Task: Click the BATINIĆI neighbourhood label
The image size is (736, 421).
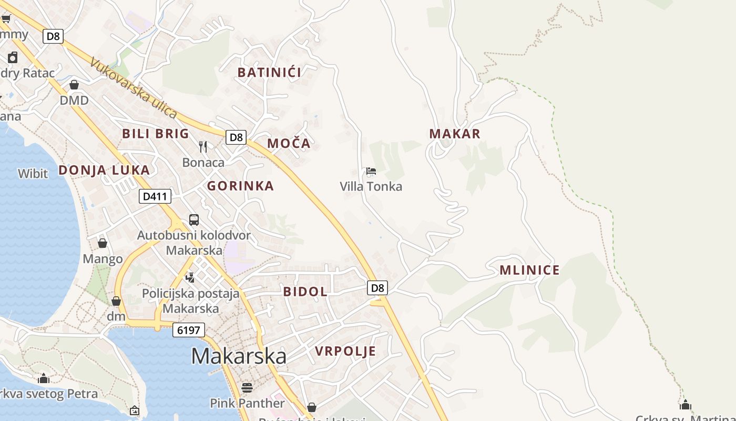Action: coord(269,73)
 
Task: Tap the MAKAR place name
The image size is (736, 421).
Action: coord(455,134)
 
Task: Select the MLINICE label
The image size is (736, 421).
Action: coord(529,270)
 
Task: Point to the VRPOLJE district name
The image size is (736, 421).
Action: coord(345,351)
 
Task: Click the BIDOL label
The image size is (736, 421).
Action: coord(305,292)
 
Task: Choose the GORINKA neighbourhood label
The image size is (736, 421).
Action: coord(240,186)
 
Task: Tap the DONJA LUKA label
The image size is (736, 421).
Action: coord(104,170)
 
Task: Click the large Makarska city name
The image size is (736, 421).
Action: coord(239,356)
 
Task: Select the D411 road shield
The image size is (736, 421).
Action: coord(155,197)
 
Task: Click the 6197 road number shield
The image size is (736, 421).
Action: coord(188,330)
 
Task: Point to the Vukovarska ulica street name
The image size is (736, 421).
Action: coord(134,87)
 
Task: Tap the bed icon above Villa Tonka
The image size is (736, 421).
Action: coord(371,171)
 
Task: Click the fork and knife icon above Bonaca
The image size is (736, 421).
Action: coord(203,146)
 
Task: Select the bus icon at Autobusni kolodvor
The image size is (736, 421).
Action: coord(194,220)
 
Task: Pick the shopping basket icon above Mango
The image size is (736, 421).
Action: coord(103,243)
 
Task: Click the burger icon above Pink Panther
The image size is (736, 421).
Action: coord(247,388)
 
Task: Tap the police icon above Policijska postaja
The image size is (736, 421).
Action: coord(190,277)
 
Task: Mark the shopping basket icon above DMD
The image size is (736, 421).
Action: coord(74,85)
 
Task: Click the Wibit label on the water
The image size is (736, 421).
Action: coord(33,174)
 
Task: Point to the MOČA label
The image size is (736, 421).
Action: coord(289,144)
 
